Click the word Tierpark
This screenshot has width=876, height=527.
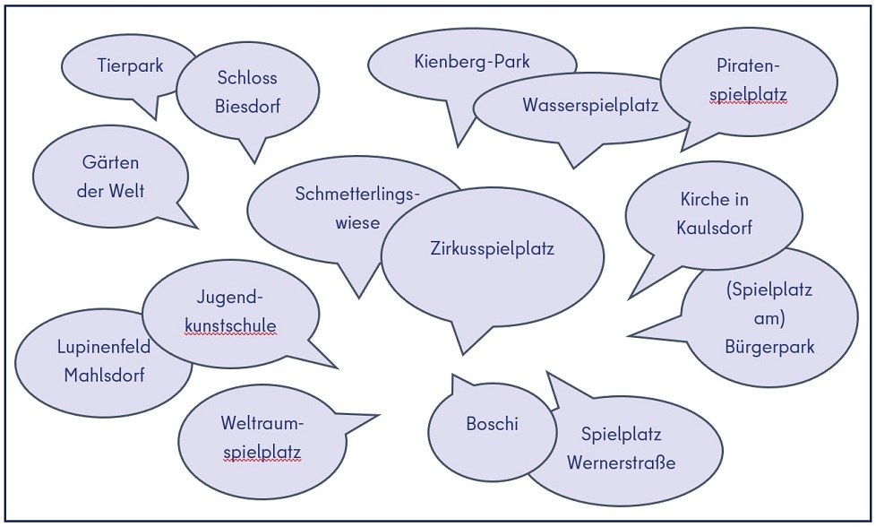(130, 65)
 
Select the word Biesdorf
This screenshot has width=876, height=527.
(247, 106)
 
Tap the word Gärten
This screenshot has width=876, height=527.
(110, 162)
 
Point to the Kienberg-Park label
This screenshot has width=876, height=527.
(472, 61)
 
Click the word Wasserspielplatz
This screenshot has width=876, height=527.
(590, 105)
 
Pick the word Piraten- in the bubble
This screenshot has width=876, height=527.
(748, 65)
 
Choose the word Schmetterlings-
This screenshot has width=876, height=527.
(357, 194)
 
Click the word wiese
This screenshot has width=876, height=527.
(357, 222)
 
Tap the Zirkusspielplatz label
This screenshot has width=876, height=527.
(493, 248)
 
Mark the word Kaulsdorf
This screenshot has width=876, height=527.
(714, 228)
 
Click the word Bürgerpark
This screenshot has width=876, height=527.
(769, 347)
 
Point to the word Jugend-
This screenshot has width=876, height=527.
(229, 297)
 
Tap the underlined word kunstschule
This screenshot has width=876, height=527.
(230, 326)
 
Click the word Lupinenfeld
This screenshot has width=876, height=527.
(104, 347)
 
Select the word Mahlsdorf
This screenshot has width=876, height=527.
(104, 375)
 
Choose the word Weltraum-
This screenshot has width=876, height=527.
(262, 422)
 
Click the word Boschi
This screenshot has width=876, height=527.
(493, 424)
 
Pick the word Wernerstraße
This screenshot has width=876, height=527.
(622, 462)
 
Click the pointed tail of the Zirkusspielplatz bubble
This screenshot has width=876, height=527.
(463, 354)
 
